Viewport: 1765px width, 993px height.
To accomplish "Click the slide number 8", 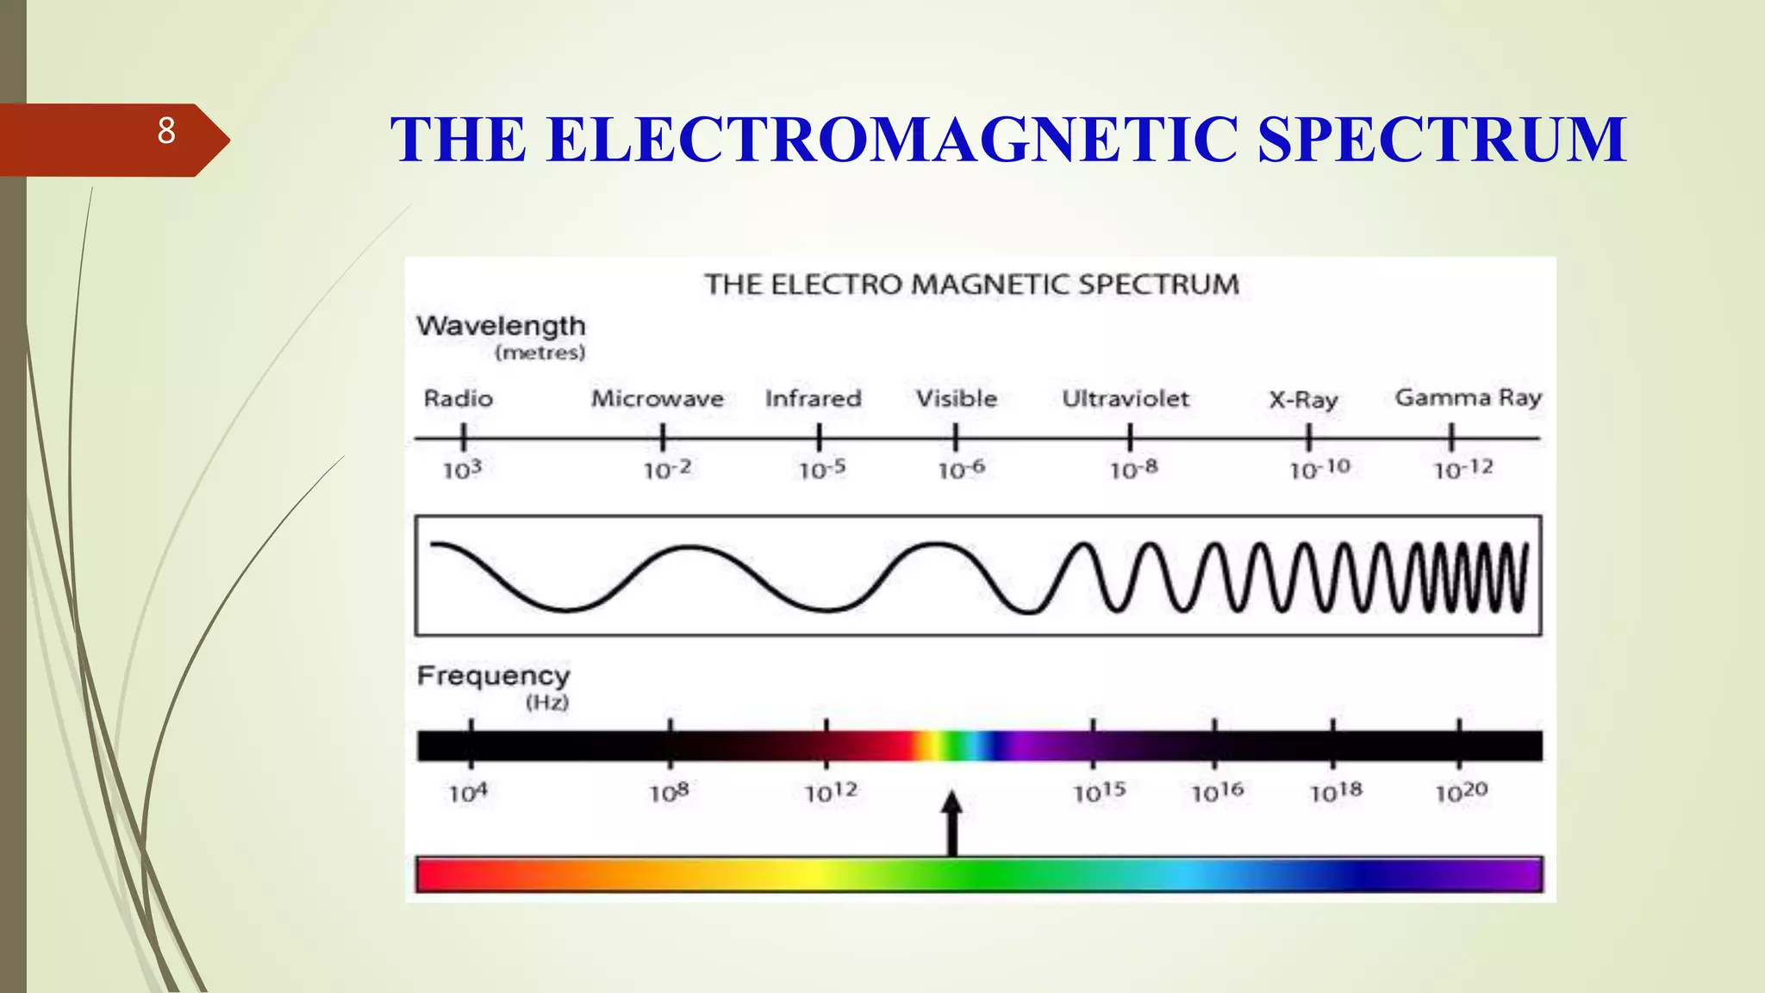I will coord(166,131).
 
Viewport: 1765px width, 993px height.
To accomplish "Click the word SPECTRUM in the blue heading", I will coord(1441,139).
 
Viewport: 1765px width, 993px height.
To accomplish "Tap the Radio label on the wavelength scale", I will coord(458,398).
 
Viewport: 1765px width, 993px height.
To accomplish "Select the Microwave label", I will coord(657,398).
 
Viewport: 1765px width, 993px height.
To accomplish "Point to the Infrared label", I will coord(813,398).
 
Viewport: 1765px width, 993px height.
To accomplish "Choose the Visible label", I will coord(956,398).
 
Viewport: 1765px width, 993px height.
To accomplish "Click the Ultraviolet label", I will coord(1125,398).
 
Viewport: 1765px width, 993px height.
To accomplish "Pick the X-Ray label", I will coord(1303,400).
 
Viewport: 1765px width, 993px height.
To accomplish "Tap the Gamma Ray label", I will coord(1468,397).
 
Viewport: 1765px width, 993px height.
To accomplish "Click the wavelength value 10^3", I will coord(462,470).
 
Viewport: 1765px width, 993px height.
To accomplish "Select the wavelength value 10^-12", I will coord(1463,469).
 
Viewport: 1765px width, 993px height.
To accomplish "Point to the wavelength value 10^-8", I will coord(1133,469).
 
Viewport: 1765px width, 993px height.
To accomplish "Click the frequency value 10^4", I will coord(468,792).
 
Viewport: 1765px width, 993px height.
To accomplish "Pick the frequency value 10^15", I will coord(1099,792).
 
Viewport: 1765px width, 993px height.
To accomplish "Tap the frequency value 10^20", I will coord(1461,792).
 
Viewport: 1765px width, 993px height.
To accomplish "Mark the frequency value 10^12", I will coord(831,792).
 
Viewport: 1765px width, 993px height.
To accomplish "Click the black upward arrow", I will coord(951,823).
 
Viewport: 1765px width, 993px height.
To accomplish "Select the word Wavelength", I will coord(501,326).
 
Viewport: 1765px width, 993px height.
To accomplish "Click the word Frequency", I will coord(493,676).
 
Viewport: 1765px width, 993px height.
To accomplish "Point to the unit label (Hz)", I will coord(547,703).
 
